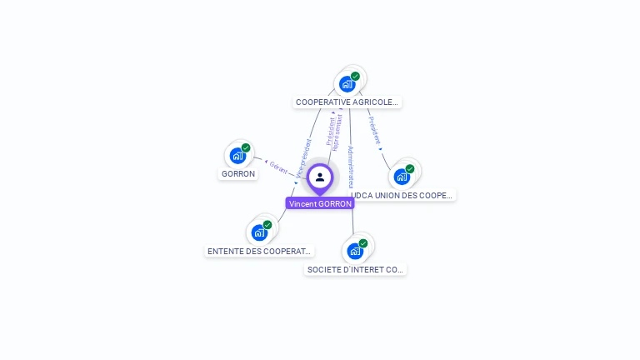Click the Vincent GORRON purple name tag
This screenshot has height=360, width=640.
(x=320, y=203)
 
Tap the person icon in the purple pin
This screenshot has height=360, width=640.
(x=320, y=177)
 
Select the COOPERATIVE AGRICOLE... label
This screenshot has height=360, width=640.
(x=347, y=102)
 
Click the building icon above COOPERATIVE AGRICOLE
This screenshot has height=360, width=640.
(x=347, y=83)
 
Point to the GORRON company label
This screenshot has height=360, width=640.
(x=238, y=174)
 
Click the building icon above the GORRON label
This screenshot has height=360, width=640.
(x=237, y=155)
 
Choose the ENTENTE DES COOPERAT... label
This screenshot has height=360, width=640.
(x=259, y=251)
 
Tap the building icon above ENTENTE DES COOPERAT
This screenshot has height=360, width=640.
(x=259, y=232)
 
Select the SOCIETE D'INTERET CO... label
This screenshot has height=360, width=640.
(x=356, y=270)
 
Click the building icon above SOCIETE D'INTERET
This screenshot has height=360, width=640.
(x=355, y=251)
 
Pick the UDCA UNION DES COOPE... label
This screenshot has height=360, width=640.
(x=403, y=195)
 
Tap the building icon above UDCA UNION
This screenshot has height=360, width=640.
(x=402, y=176)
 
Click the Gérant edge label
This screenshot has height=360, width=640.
(x=278, y=167)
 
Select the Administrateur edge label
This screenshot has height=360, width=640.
(x=352, y=167)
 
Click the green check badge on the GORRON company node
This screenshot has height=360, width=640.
(x=246, y=147)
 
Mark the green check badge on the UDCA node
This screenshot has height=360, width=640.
(x=410, y=168)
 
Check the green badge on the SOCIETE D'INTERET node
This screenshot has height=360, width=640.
(x=363, y=243)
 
